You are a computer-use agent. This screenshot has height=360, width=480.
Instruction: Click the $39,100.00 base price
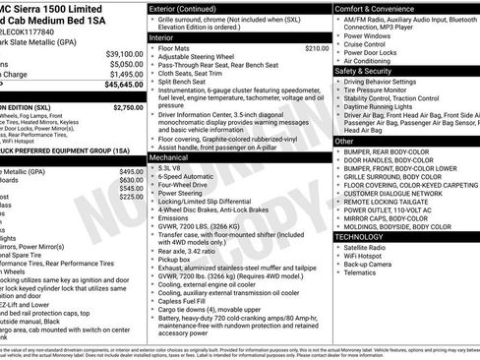point(124,53)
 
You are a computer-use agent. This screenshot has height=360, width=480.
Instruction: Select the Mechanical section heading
point(170,156)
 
